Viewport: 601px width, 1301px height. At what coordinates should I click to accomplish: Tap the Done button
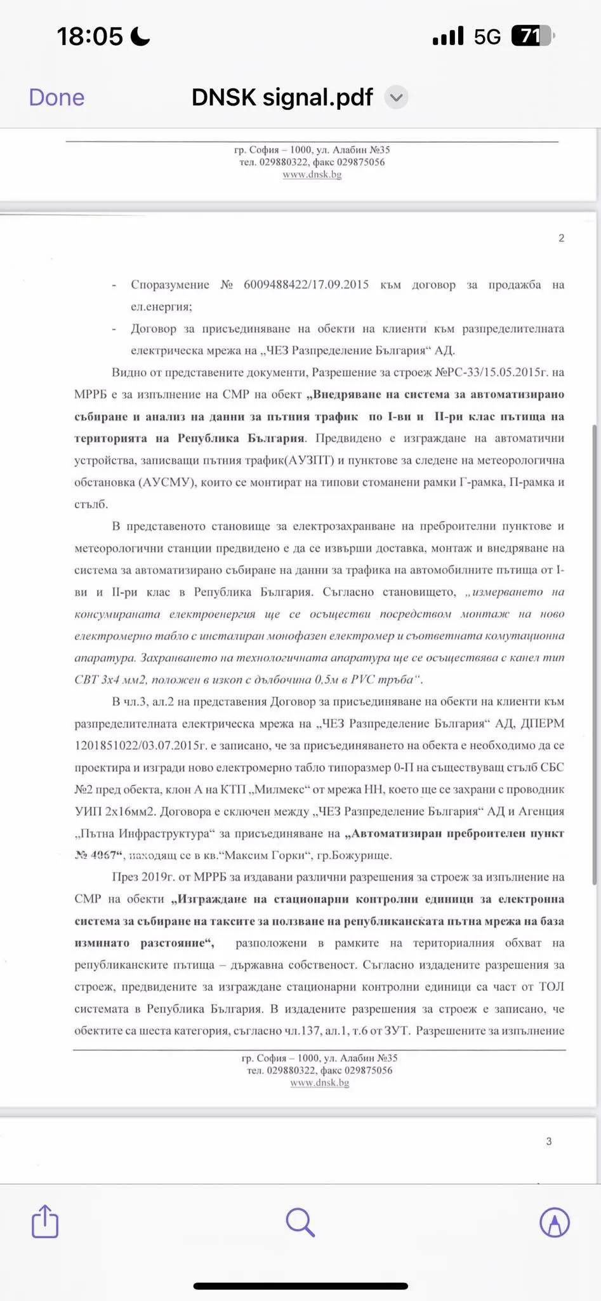pyautogui.click(x=56, y=98)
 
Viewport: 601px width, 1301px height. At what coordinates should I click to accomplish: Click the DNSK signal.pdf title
pyautogui.click(x=282, y=98)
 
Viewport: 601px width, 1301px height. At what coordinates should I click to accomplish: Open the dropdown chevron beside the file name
pyautogui.click(x=397, y=98)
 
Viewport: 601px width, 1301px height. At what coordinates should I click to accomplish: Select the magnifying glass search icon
pyautogui.click(x=300, y=1222)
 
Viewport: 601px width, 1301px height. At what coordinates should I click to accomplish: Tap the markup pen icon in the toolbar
pyautogui.click(x=554, y=1222)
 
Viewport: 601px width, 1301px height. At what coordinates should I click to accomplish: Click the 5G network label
pyautogui.click(x=487, y=37)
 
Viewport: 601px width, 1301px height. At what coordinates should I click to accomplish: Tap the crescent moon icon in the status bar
pyautogui.click(x=140, y=36)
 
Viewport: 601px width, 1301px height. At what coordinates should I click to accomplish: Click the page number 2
pyautogui.click(x=561, y=238)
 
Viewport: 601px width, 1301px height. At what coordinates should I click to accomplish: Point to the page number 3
pyautogui.click(x=549, y=1141)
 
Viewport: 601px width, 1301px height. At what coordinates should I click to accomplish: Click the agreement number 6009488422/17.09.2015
pyautogui.click(x=306, y=285)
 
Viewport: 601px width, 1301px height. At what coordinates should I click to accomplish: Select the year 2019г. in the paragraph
pyautogui.click(x=157, y=877)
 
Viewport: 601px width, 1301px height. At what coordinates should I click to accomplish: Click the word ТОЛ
pyautogui.click(x=551, y=987)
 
